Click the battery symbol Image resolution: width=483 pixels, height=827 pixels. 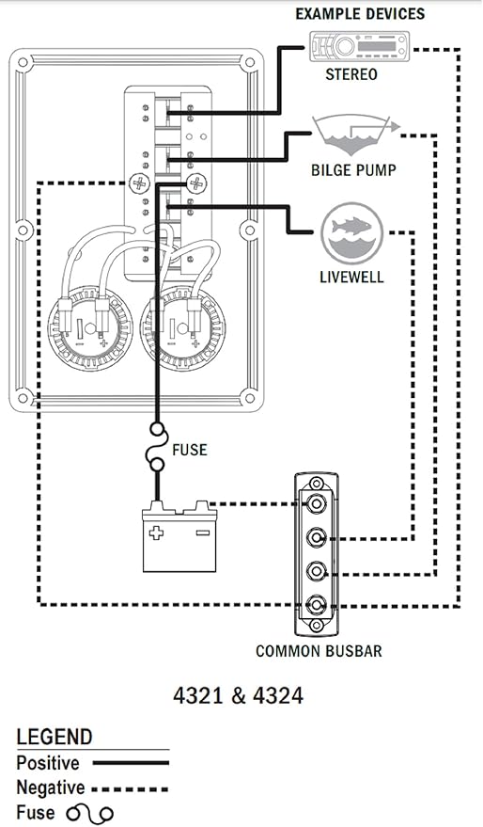click(179, 541)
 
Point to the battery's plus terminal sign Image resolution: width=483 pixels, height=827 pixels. click(156, 532)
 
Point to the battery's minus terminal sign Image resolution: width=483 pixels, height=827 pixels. click(201, 532)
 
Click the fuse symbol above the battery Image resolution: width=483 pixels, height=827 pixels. click(156, 450)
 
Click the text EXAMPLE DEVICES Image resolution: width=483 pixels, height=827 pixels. click(359, 13)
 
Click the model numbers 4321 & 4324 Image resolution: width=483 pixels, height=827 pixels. click(239, 697)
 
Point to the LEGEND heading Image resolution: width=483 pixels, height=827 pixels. click(55, 737)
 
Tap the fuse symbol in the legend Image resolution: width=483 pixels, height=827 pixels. click(89, 814)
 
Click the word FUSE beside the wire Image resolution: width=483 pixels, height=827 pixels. click(189, 450)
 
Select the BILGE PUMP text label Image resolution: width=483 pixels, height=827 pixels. click(353, 171)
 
